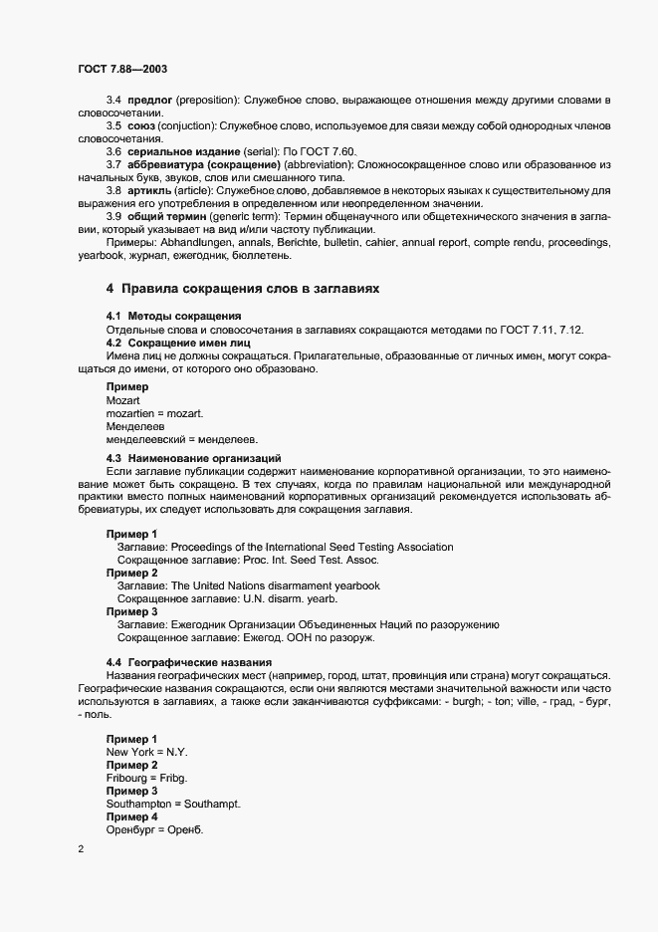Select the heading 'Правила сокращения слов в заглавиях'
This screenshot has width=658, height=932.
coord(243,288)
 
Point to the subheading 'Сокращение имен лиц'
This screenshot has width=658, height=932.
coord(175,343)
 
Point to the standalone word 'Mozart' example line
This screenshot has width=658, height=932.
coord(125,399)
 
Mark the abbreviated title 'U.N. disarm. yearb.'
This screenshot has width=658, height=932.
coord(278,598)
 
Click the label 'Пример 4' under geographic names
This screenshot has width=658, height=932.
coord(132,816)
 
